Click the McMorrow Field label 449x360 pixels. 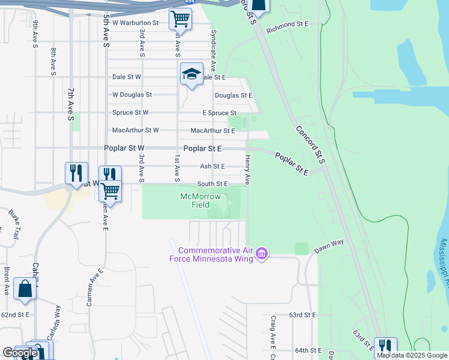(x=200, y=200)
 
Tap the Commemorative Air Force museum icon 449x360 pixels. (x=261, y=254)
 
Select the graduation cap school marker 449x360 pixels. (x=191, y=74)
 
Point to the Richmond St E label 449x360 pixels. (x=287, y=24)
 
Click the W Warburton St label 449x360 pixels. (x=135, y=23)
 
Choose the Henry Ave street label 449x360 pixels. (x=247, y=169)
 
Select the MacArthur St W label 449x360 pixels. (x=136, y=130)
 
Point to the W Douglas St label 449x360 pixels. (x=132, y=95)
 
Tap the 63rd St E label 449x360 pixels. (x=302, y=314)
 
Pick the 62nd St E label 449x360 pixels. (x=15, y=314)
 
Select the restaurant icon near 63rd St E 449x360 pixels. (x=385, y=346)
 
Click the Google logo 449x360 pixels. (x=19, y=353)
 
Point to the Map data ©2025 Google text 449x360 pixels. (x=412, y=355)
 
